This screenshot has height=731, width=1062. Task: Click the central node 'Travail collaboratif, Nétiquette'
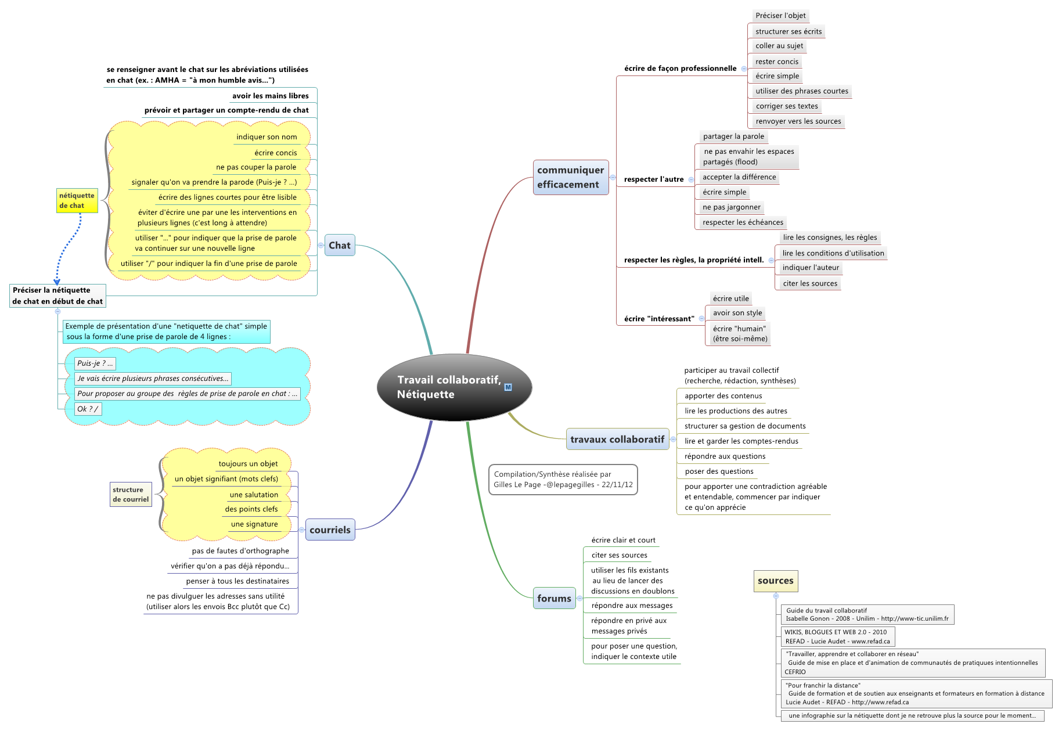(454, 387)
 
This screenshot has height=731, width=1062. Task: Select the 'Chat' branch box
(340, 245)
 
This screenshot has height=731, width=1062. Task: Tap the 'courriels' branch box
(330, 530)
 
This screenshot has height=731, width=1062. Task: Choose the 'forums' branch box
(554, 598)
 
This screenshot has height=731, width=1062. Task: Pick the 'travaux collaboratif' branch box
(617, 439)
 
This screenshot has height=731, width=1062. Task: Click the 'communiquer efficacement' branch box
(571, 177)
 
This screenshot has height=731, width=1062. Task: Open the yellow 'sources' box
(775, 581)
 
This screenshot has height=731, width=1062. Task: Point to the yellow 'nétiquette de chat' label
(77, 200)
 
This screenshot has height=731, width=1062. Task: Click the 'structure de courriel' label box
(131, 494)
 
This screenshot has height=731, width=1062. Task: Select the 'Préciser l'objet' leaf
(780, 16)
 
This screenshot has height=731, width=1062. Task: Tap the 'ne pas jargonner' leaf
(731, 207)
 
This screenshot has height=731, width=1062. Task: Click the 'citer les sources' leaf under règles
(810, 283)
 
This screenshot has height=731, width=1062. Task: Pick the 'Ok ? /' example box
(88, 409)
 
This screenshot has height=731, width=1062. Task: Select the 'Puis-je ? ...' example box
(95, 363)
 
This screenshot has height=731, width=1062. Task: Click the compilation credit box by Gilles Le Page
(563, 480)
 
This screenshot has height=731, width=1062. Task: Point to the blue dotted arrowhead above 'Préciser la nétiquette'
(57, 282)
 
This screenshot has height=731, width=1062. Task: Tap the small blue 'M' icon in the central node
(508, 387)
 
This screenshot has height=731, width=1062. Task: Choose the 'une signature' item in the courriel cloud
(254, 524)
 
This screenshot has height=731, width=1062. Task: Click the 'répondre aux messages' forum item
(632, 606)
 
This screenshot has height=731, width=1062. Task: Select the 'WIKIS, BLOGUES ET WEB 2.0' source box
(837, 636)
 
